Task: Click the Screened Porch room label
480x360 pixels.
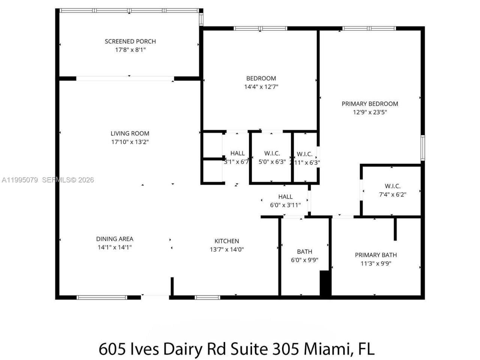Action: click(130, 41)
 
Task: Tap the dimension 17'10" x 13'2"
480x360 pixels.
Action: click(130, 142)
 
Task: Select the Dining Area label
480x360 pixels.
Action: click(115, 239)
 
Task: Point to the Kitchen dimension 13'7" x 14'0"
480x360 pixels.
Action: click(227, 249)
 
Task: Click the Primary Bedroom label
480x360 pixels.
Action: click(370, 104)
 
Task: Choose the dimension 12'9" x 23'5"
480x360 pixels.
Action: click(370, 112)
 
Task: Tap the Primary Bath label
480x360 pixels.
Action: click(376, 255)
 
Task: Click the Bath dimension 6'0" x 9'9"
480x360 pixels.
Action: click(304, 259)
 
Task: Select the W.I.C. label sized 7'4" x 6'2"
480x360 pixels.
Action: click(393, 186)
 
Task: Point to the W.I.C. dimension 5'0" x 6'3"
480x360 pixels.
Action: click(272, 162)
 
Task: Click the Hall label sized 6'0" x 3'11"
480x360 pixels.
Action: click(285, 197)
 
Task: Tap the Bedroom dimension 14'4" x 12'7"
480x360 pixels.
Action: click(261, 87)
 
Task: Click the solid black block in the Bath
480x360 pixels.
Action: click(325, 284)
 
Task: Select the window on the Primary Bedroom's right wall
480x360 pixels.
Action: click(423, 148)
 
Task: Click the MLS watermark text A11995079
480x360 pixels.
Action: click(19, 180)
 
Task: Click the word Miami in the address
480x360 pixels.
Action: click(327, 349)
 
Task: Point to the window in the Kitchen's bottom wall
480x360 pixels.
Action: click(207, 297)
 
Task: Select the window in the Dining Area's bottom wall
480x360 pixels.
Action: click(102, 297)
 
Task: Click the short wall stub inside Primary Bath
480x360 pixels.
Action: click(395, 229)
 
